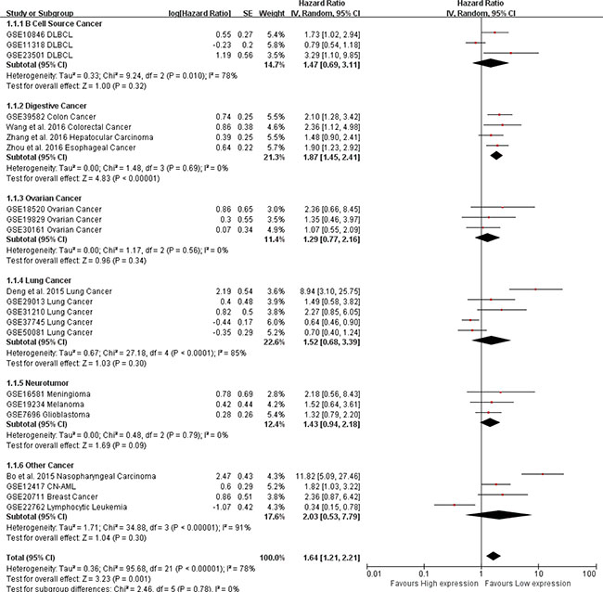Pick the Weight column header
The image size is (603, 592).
click(x=260, y=12)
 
